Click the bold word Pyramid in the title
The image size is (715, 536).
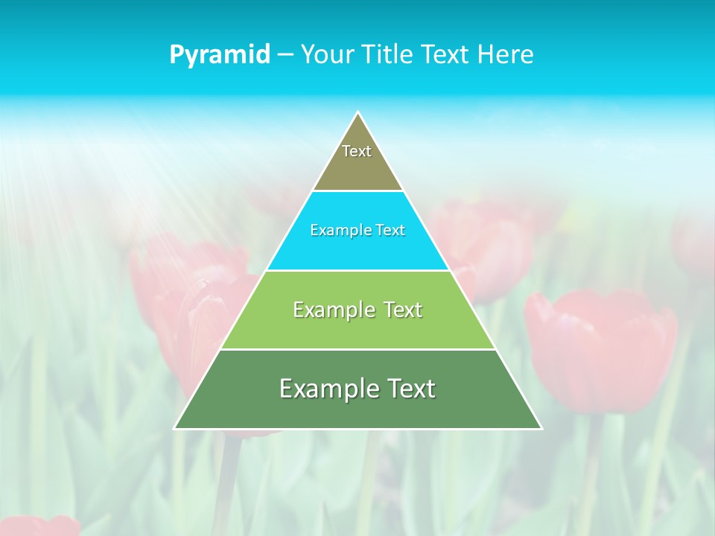[220, 54]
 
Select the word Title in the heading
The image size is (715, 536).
[390, 54]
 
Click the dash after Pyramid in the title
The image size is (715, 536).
[285, 55]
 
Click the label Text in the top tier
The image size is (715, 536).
[357, 151]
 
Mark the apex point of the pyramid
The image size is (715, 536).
[358, 112]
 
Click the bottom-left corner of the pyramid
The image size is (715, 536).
[175, 428]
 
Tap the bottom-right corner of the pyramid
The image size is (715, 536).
[541, 428]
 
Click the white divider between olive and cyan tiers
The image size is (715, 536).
[357, 191]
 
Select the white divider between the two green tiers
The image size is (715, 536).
[357, 349]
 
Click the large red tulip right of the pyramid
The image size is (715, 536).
[600, 350]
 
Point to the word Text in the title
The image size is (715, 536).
[445, 54]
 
